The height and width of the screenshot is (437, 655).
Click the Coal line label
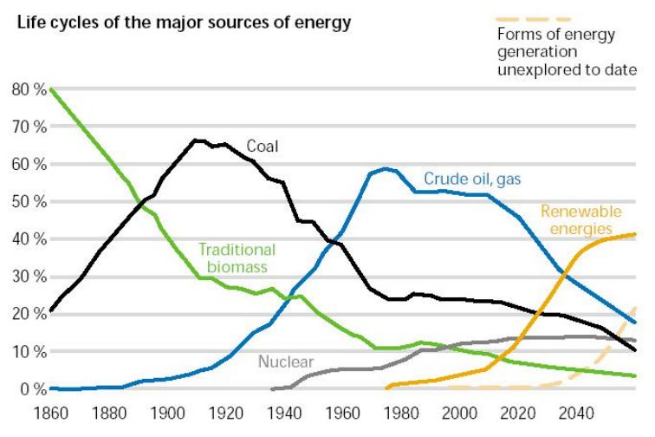(x=263, y=146)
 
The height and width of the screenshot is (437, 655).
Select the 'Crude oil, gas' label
(x=471, y=179)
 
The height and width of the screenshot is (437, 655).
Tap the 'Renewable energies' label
(x=580, y=219)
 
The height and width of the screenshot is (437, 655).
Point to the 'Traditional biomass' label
(x=237, y=258)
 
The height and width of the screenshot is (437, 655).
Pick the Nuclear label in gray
(x=286, y=362)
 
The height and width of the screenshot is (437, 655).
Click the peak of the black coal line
(x=195, y=140)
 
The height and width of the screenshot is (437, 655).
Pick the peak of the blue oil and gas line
(x=386, y=168)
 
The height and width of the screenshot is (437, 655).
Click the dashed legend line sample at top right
(x=533, y=17)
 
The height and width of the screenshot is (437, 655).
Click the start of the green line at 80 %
(x=51, y=88)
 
